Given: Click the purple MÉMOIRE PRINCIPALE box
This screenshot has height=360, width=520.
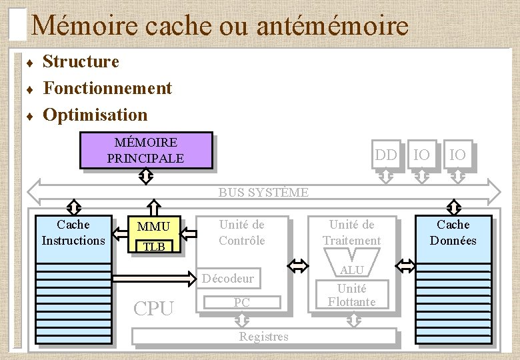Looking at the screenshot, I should pyautogui.click(x=145, y=151).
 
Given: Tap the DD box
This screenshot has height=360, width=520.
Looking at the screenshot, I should pyautogui.click(x=385, y=155).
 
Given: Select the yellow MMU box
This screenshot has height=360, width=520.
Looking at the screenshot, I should pyautogui.click(x=153, y=227).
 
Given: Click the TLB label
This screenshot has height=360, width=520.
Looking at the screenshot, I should pyautogui.click(x=154, y=247).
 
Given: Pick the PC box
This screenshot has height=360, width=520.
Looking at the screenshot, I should pyautogui.click(x=241, y=303).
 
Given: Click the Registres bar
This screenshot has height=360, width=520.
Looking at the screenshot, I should pyautogui.click(x=263, y=337).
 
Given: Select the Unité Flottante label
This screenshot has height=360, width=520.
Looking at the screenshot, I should pyautogui.click(x=351, y=295).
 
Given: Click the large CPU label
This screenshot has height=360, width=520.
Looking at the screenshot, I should pyautogui.click(x=154, y=309).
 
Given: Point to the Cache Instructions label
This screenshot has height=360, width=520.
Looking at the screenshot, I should pyautogui.click(x=73, y=233).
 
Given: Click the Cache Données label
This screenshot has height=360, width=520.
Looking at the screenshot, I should pyautogui.click(x=453, y=233).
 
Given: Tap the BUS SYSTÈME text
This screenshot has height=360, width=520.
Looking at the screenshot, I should pyautogui.click(x=263, y=193).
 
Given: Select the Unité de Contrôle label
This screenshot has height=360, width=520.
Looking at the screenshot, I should pyautogui.click(x=242, y=233).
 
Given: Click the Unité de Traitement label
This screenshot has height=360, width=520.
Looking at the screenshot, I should pyautogui.click(x=351, y=233).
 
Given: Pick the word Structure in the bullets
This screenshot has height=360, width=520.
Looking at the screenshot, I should pyautogui.click(x=81, y=62).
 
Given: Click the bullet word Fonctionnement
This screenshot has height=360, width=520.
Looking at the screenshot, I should pyautogui.click(x=107, y=88).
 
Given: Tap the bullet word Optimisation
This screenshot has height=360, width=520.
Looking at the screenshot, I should pyautogui.click(x=95, y=115).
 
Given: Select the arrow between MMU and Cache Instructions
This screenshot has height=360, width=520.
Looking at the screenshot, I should pyautogui.click(x=121, y=233).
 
